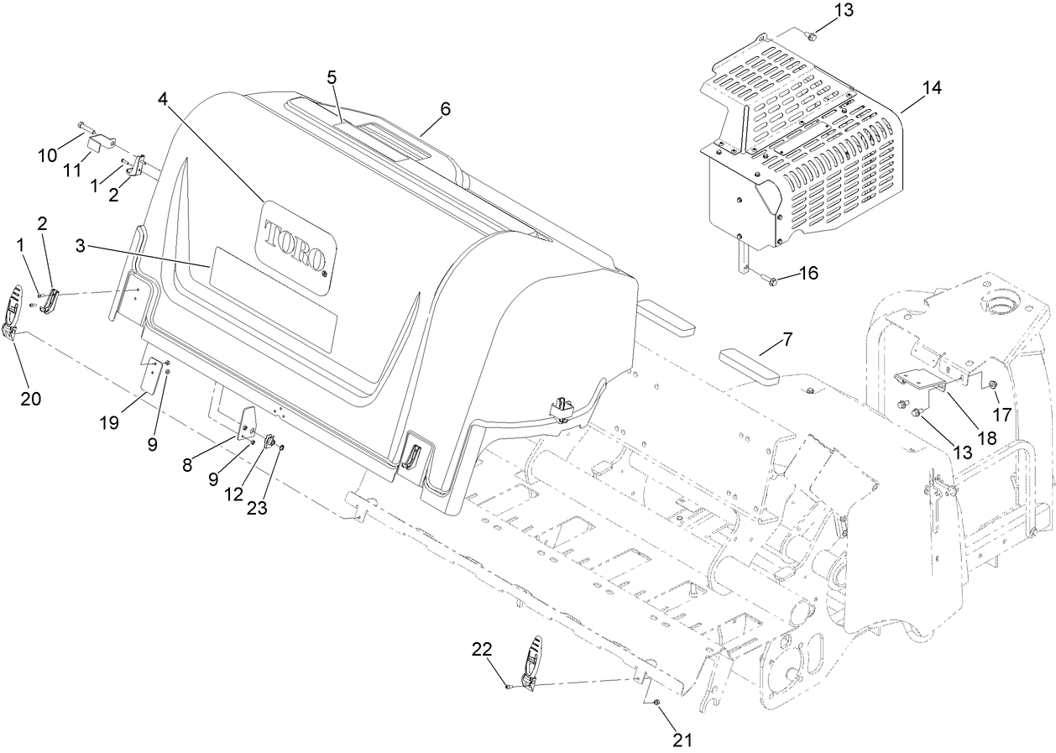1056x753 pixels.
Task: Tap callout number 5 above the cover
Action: (332, 77)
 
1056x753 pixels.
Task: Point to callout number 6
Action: (445, 108)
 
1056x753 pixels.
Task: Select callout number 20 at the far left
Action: (30, 399)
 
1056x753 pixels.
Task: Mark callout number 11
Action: (73, 170)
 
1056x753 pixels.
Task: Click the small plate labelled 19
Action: (152, 375)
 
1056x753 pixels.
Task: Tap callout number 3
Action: (80, 245)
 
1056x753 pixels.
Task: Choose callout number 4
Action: (162, 99)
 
